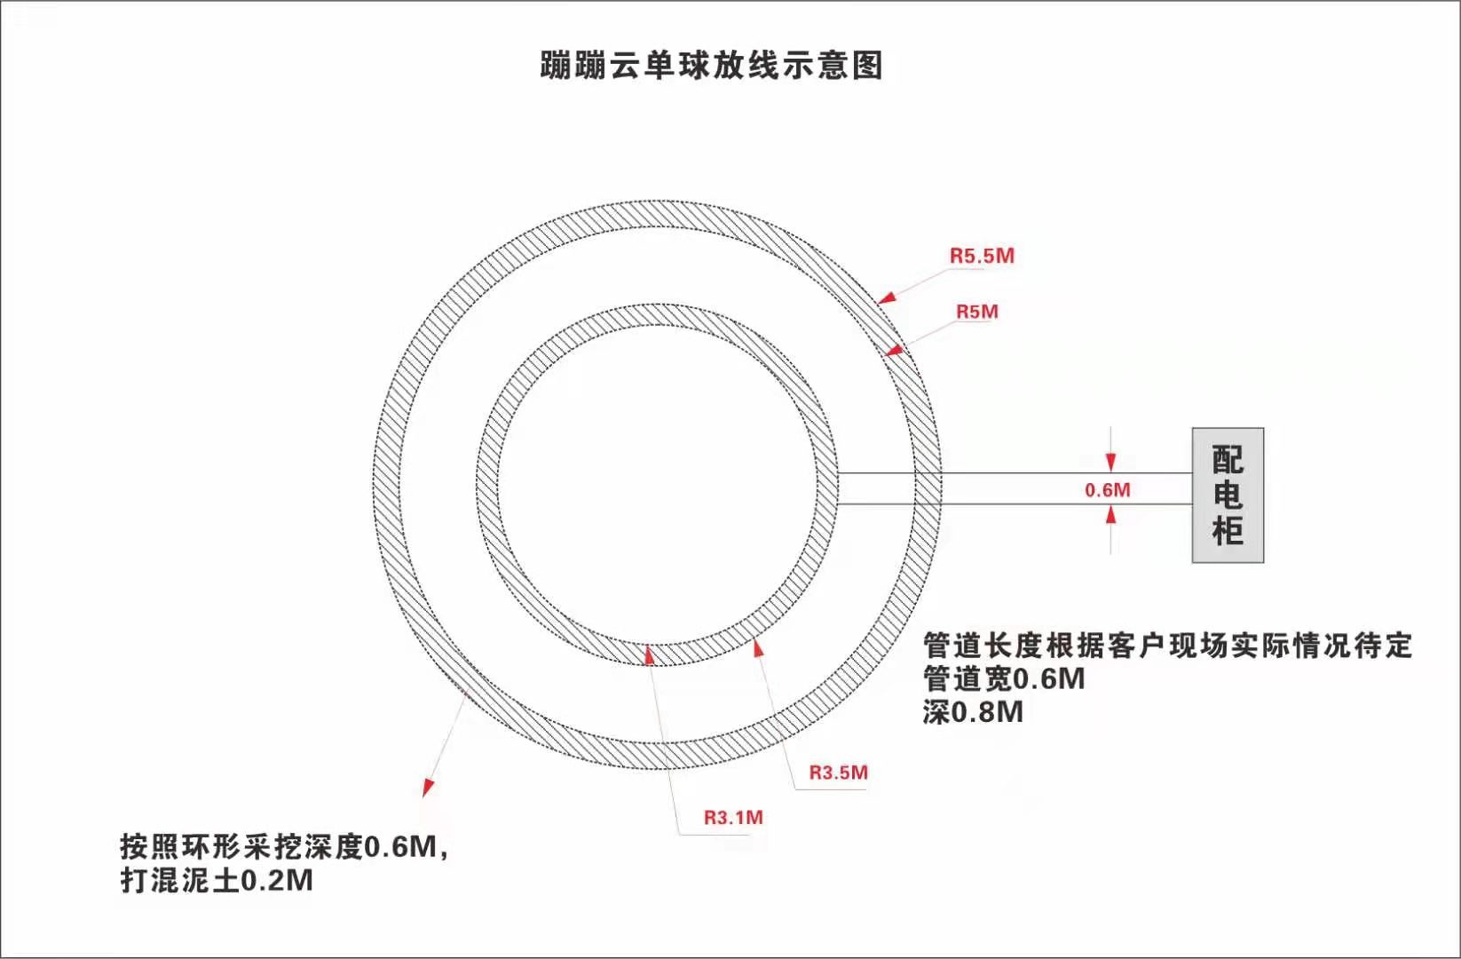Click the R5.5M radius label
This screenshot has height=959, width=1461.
(982, 256)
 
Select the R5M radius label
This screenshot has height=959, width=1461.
(977, 312)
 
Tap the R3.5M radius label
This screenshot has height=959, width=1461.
(838, 773)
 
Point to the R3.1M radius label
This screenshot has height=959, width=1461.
(733, 818)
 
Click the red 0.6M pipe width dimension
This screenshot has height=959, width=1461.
(1108, 490)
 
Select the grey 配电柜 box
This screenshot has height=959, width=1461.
(1228, 495)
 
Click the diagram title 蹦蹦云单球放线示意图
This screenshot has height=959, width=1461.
(712, 65)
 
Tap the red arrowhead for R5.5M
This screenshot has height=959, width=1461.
(887, 297)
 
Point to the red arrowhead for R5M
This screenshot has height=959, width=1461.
(895, 351)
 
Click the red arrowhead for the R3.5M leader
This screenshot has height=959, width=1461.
(758, 648)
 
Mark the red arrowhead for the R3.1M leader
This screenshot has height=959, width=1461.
(649, 654)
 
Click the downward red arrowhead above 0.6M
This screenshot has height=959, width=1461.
(1110, 463)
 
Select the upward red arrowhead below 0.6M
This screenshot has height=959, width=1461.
(1110, 514)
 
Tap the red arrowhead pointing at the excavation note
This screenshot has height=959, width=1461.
(428, 788)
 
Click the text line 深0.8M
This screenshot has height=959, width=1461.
(973, 712)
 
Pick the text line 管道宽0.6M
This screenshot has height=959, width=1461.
(1004, 679)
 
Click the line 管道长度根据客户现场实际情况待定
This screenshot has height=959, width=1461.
(1167, 646)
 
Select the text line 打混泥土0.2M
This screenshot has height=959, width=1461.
(217, 881)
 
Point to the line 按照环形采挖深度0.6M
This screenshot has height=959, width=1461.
(284, 847)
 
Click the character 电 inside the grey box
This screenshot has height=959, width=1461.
(1228, 495)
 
